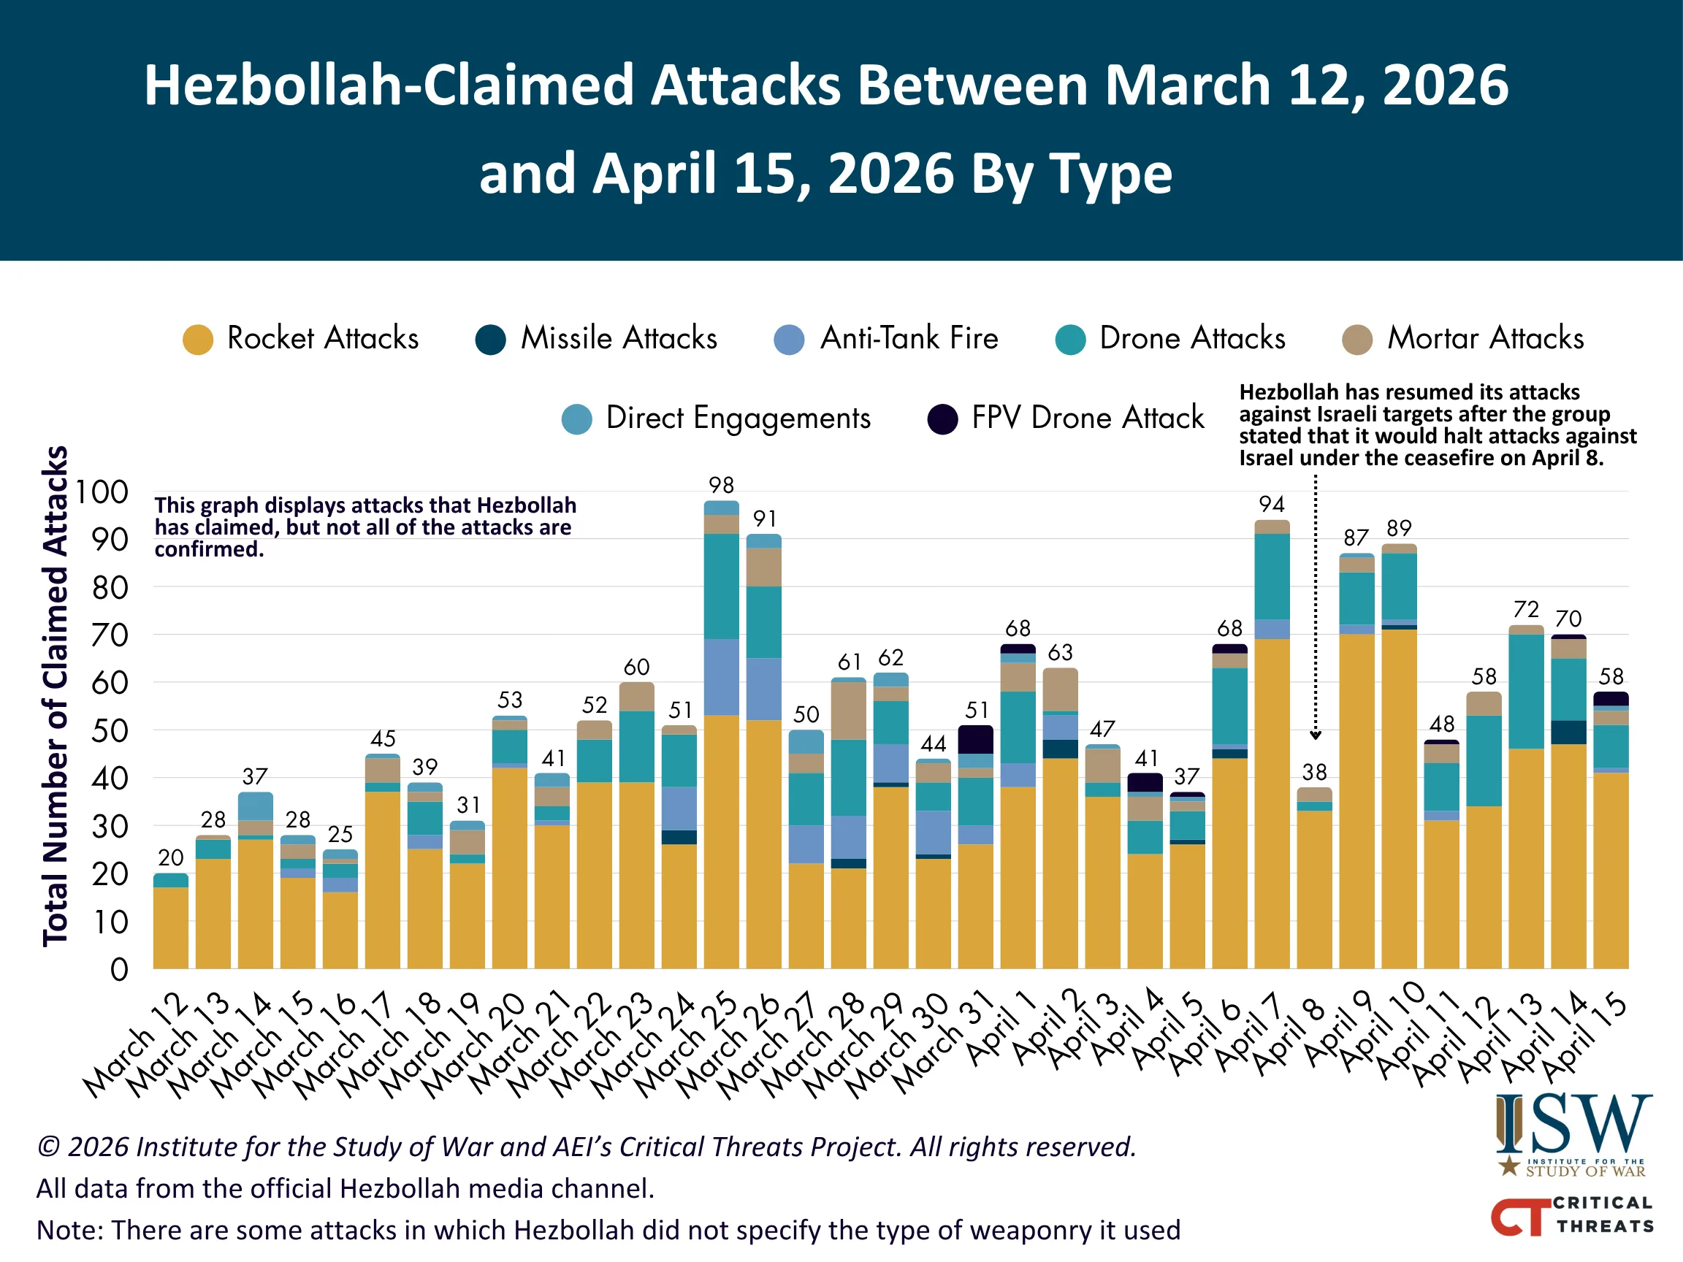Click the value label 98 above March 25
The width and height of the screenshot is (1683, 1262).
click(720, 486)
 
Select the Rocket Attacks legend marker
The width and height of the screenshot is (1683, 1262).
click(198, 340)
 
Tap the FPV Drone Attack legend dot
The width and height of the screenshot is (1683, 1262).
click(942, 419)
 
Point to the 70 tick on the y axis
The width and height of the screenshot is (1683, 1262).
click(110, 635)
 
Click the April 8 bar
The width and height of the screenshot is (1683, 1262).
click(1314, 882)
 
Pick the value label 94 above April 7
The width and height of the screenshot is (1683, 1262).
click(1271, 505)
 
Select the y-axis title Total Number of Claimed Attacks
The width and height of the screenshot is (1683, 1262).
click(56, 696)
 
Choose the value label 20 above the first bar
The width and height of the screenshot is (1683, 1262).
click(170, 858)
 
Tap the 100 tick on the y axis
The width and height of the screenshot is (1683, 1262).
click(102, 492)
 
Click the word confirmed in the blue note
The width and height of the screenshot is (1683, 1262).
click(208, 549)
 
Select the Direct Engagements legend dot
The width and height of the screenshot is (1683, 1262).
click(577, 419)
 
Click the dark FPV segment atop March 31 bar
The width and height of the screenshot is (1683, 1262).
click(975, 739)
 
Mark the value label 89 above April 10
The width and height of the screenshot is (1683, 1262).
click(1398, 528)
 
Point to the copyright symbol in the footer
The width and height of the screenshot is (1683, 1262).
click(48, 1147)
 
